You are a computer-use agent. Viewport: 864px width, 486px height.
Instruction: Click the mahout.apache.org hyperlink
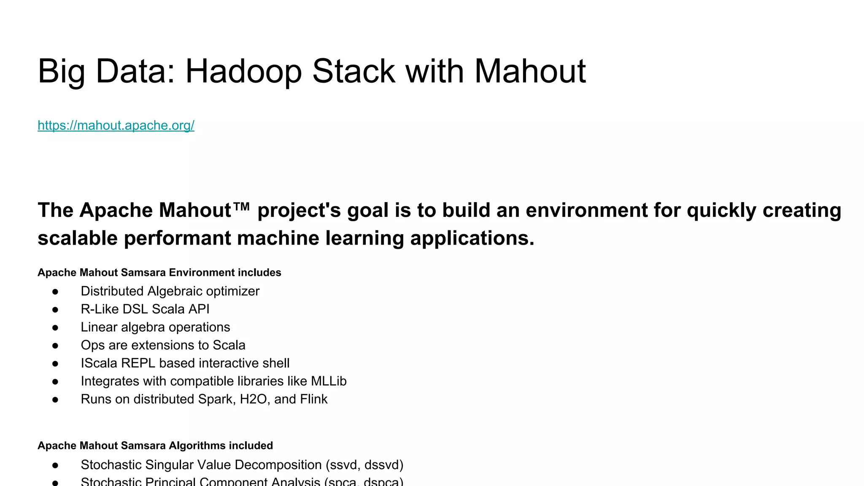pos(116,125)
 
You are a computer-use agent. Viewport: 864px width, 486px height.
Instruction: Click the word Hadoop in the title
pos(243,71)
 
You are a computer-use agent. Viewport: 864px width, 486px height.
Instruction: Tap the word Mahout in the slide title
pos(530,71)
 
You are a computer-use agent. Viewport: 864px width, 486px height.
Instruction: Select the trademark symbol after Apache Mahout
pos(241,208)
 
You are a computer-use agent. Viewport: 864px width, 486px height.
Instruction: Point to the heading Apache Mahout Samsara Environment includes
pos(159,273)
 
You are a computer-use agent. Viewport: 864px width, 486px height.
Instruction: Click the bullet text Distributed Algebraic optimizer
pos(170,291)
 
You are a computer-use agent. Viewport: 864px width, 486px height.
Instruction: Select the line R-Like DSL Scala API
pos(145,309)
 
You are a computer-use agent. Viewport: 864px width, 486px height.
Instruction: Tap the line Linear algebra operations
pos(155,327)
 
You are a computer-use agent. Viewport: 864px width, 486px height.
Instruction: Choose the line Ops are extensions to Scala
pos(162,345)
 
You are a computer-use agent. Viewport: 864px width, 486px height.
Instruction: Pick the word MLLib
pos(328,381)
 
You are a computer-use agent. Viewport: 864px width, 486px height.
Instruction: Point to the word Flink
pos(313,399)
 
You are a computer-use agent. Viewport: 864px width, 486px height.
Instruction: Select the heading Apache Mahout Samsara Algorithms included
pos(155,445)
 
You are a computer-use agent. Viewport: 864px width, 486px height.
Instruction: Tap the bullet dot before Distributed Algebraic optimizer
pos(55,292)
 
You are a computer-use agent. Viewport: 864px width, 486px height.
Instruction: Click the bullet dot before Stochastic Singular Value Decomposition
pos(55,465)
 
